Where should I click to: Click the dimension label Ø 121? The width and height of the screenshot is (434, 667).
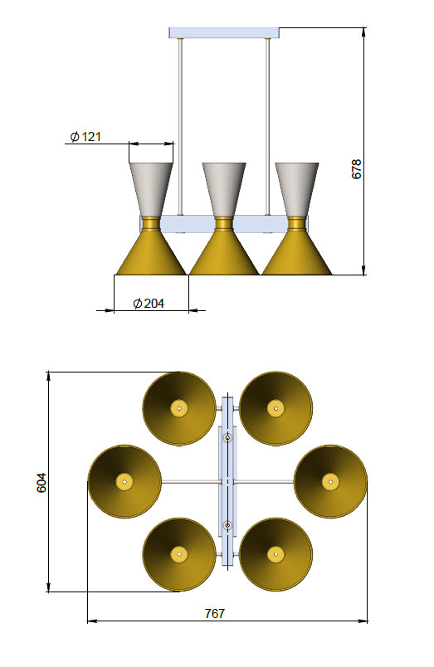click(x=85, y=137)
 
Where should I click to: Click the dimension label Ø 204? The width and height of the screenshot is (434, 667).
click(x=149, y=304)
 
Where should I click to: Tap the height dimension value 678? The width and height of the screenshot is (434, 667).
click(x=358, y=169)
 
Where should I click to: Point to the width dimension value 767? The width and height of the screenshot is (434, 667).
click(x=215, y=613)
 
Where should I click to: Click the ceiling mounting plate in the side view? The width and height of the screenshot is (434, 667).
click(x=224, y=33)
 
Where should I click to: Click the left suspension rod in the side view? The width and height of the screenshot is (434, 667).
click(x=180, y=124)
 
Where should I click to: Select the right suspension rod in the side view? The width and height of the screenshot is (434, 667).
click(x=267, y=124)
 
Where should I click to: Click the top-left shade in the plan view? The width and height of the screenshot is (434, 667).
click(x=178, y=407)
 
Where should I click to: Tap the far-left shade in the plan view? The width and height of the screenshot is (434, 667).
click(x=124, y=481)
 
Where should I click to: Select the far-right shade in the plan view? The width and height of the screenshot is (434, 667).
click(x=330, y=481)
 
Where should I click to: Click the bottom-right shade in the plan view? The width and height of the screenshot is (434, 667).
click(x=275, y=554)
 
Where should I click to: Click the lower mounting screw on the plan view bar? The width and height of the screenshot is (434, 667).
click(x=227, y=524)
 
